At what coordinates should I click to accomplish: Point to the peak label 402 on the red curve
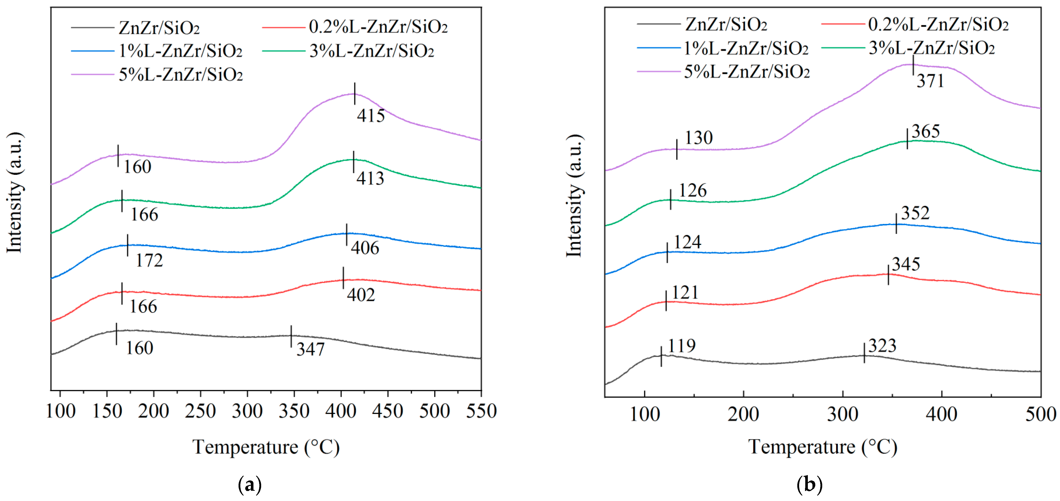(x=361, y=295)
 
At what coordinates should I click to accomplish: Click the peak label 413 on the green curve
(x=370, y=178)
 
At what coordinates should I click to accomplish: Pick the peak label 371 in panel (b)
(x=930, y=81)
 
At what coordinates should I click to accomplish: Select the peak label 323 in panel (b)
(x=882, y=346)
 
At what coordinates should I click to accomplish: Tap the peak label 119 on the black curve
(x=682, y=346)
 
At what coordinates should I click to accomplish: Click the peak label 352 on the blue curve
(x=915, y=213)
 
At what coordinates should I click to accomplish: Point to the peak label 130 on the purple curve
(x=698, y=137)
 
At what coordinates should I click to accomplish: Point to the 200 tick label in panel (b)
(x=743, y=414)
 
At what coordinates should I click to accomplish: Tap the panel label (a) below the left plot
(x=250, y=485)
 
